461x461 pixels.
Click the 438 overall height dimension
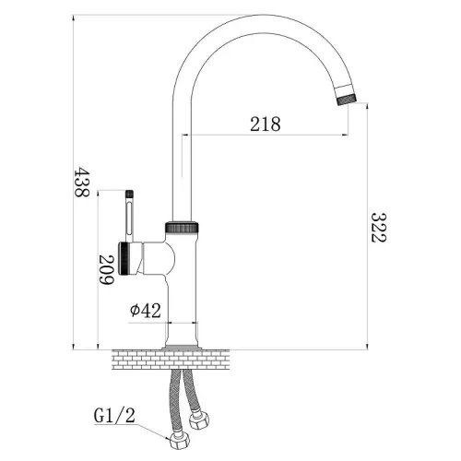pyautogui.click(x=81, y=182)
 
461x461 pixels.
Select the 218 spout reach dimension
pyautogui.click(x=266, y=124)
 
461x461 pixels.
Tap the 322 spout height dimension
pyautogui.click(x=378, y=228)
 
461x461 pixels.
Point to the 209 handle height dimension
pyautogui.click(x=107, y=270)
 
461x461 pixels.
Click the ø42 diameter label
pyautogui.click(x=146, y=311)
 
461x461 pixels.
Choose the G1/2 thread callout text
pyautogui.click(x=114, y=416)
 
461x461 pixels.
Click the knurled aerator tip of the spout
pyautogui.click(x=347, y=100)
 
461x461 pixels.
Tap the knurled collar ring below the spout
pyautogui.click(x=182, y=227)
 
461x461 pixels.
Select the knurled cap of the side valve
pyautogui.click(x=124, y=258)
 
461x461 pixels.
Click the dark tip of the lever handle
pyautogui.click(x=130, y=194)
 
